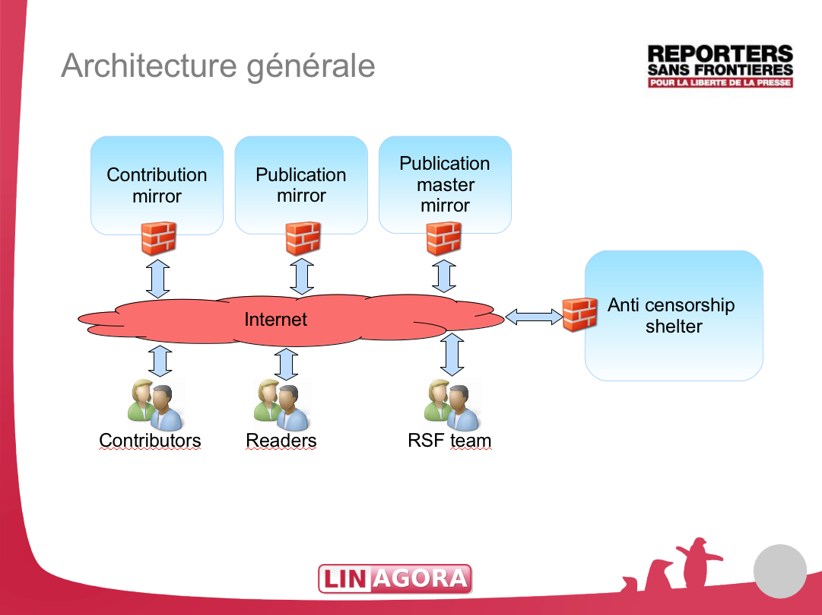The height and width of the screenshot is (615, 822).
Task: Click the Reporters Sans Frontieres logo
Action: pyautogui.click(x=719, y=65)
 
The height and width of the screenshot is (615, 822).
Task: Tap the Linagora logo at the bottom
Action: pyautogui.click(x=395, y=578)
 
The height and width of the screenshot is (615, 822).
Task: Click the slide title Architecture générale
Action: pyautogui.click(x=218, y=65)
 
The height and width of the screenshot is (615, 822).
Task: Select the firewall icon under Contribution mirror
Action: pyautogui.click(x=159, y=238)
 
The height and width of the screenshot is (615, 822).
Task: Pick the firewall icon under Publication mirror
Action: pyautogui.click(x=302, y=238)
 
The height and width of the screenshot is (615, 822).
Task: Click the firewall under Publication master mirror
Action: pyautogui.click(x=444, y=238)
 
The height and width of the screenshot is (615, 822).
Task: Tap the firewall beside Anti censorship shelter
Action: pyautogui.click(x=579, y=314)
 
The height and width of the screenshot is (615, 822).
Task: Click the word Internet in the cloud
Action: pyautogui.click(x=276, y=319)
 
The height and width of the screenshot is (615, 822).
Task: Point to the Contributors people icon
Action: pyautogui.click(x=154, y=404)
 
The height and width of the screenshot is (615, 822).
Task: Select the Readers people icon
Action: pyautogui.click(x=281, y=404)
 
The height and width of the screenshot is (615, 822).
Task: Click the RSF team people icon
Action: pyautogui.click(x=452, y=404)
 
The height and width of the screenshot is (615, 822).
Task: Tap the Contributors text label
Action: pyautogui.click(x=150, y=440)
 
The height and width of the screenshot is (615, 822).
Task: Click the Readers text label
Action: pyautogui.click(x=281, y=440)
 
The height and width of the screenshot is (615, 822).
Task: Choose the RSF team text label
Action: pyautogui.click(x=449, y=440)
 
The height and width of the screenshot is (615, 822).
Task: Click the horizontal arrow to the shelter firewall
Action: pyautogui.click(x=534, y=316)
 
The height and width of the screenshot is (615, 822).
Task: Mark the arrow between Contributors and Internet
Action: pyautogui.click(x=160, y=360)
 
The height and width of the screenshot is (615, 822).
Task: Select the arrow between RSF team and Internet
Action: pyautogui.click(x=452, y=355)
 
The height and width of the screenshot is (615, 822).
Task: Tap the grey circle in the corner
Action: pyautogui.click(x=779, y=571)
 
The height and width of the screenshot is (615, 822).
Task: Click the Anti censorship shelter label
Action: pyautogui.click(x=671, y=315)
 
